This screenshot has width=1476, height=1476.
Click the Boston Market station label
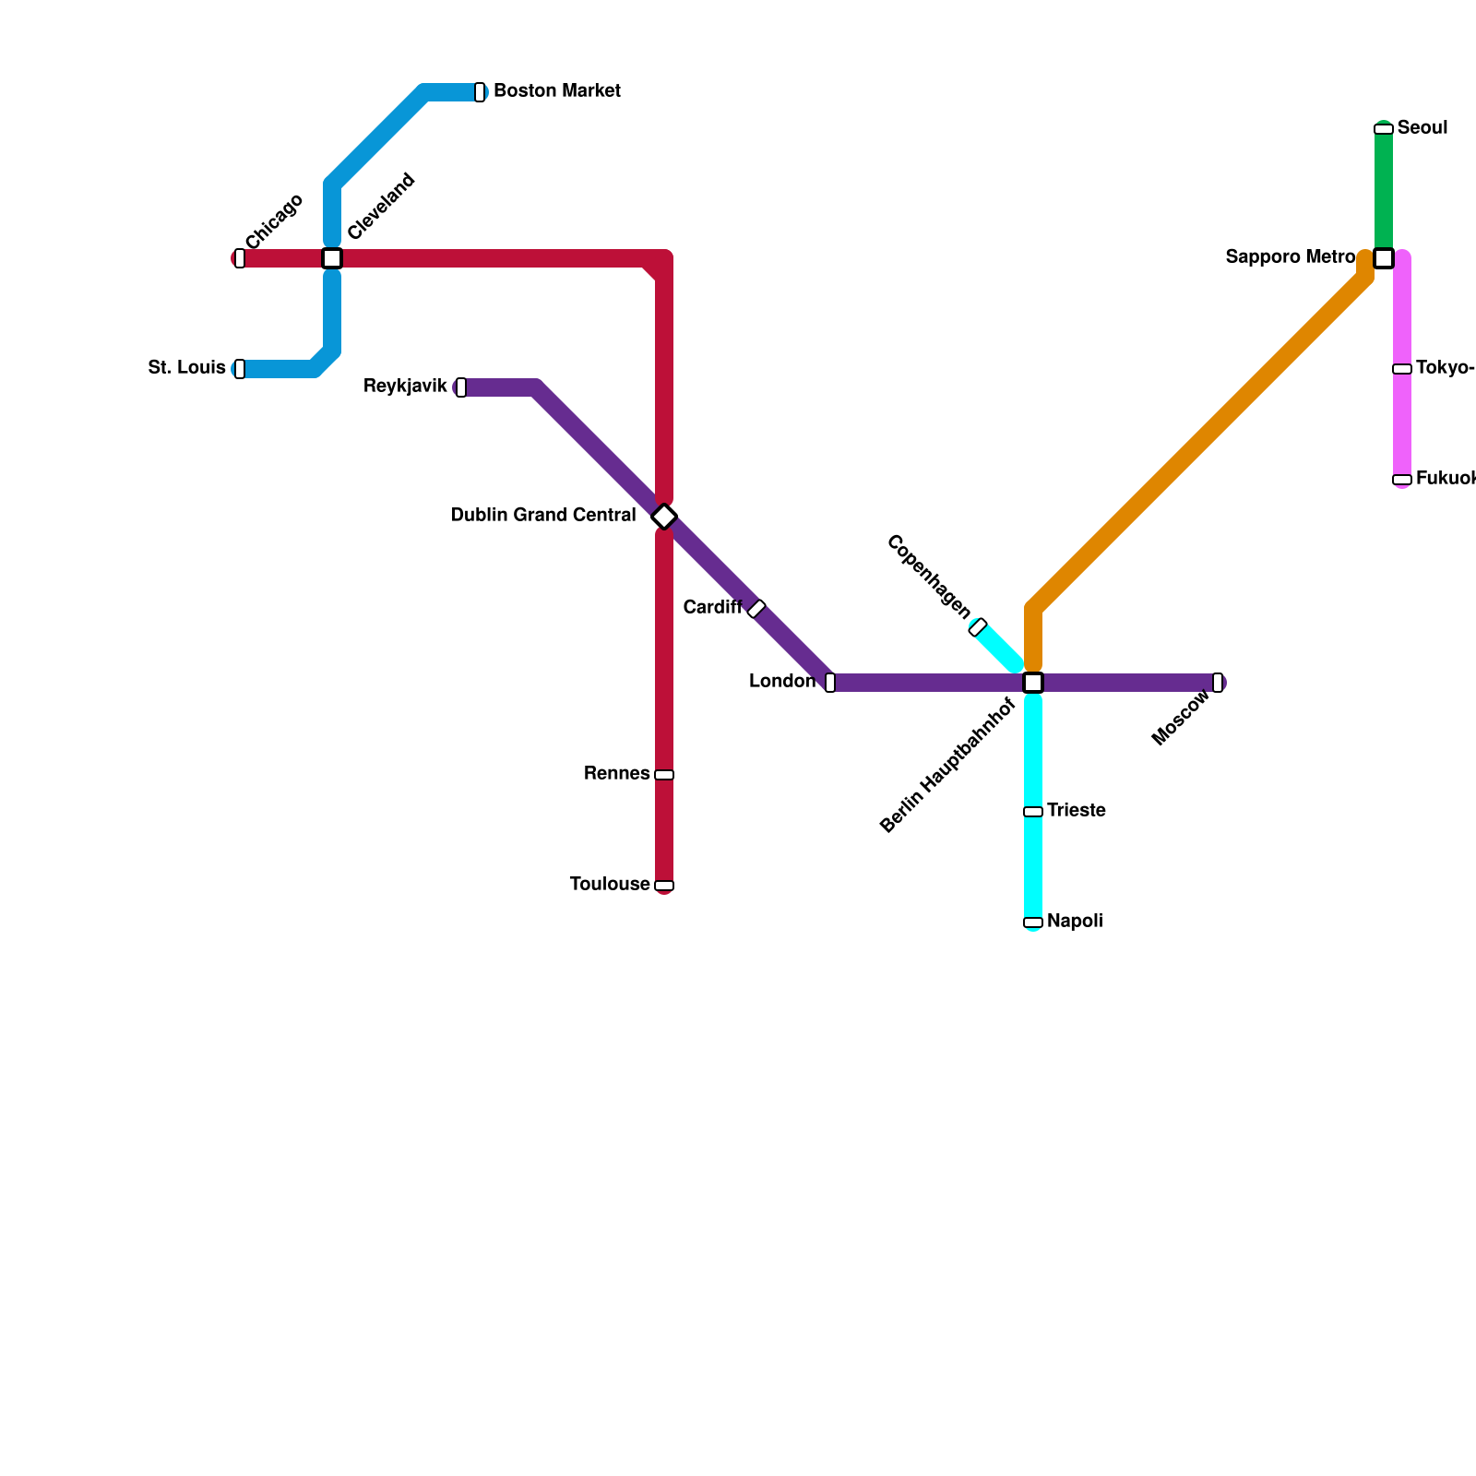pyautogui.click(x=556, y=91)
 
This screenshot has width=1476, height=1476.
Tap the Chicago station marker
pyautogui.click(x=240, y=258)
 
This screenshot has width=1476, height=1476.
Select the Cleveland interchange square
pyautogui.click(x=332, y=258)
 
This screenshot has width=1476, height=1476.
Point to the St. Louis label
pyautogui.click(x=186, y=368)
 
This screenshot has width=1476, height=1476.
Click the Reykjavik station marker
pyautogui.click(x=461, y=387)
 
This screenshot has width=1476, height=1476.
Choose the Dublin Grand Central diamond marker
pyautogui.click(x=664, y=517)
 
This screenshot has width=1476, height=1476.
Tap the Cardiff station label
pyautogui.click(x=712, y=608)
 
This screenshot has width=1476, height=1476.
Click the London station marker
pyautogui.click(x=830, y=683)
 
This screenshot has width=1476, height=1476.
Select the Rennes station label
pyautogui.click(x=616, y=774)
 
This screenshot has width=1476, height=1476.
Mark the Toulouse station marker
pyautogui.click(x=664, y=886)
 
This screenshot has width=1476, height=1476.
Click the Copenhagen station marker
pyautogui.click(x=978, y=627)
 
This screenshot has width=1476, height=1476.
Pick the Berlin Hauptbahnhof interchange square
pyautogui.click(x=1033, y=683)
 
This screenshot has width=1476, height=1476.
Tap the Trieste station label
pyautogui.click(x=1077, y=811)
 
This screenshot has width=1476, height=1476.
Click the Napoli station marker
pyautogui.click(x=1033, y=922)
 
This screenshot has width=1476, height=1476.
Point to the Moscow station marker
pyautogui.click(x=1218, y=683)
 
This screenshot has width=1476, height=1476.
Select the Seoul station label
pyautogui.click(x=1422, y=128)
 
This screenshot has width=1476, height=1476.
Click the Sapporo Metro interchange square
pyautogui.click(x=1384, y=258)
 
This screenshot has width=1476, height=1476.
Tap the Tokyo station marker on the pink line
pyautogui.click(x=1402, y=369)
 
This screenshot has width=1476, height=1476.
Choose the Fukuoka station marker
pyautogui.click(x=1402, y=480)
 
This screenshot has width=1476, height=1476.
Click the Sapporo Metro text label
pyautogui.click(x=1290, y=257)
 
